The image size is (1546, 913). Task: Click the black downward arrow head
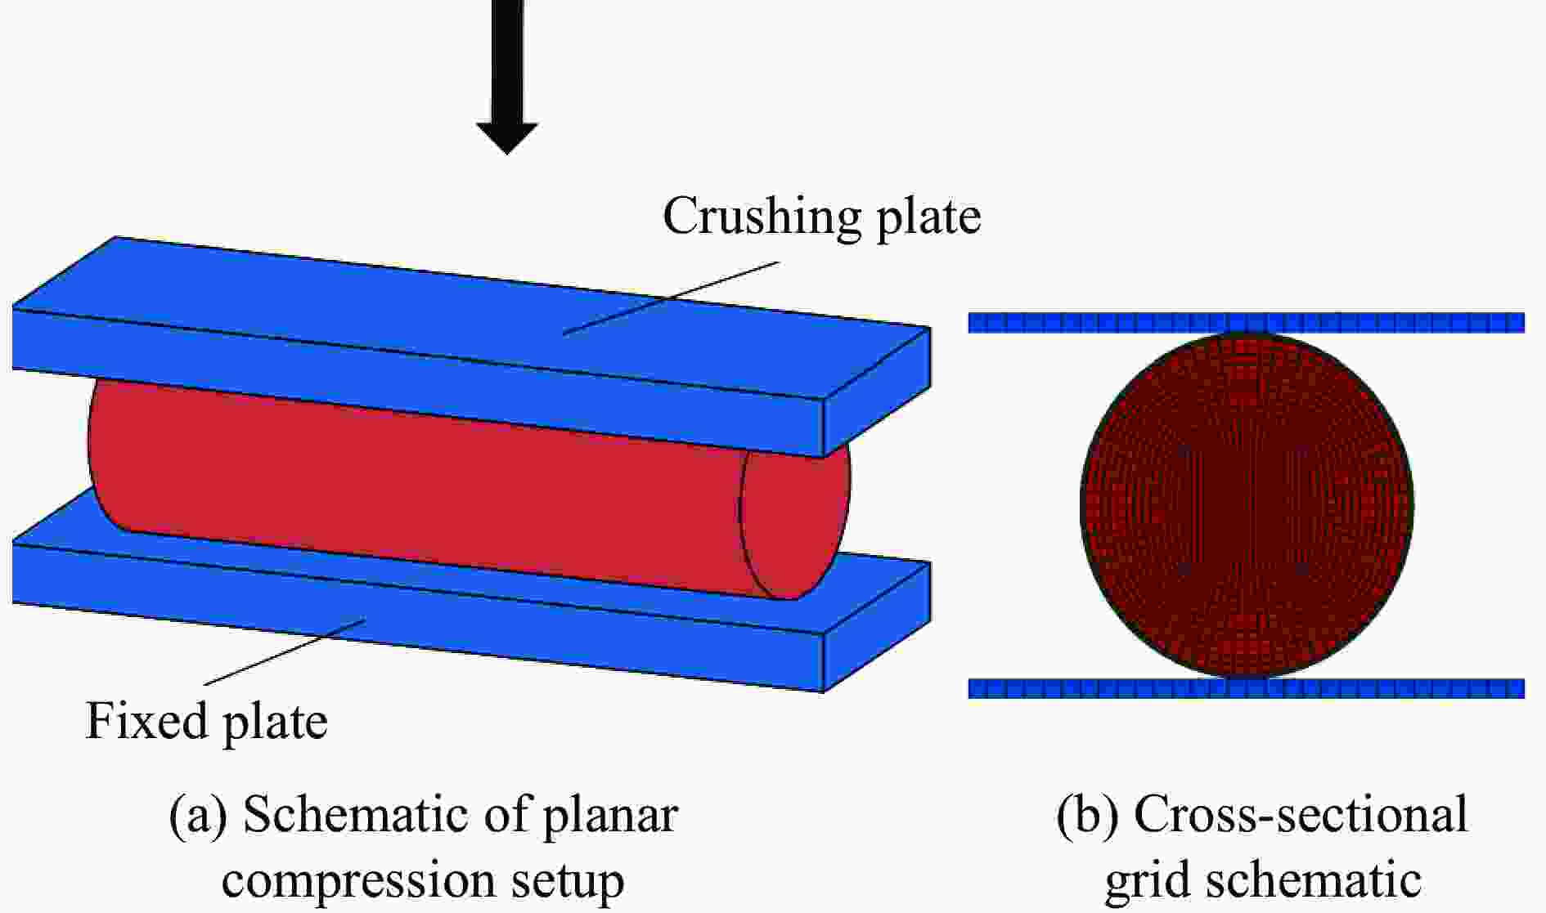tap(507, 137)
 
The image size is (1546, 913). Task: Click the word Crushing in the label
tap(762, 217)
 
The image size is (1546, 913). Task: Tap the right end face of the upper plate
tap(876, 392)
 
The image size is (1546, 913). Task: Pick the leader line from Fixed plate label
tap(284, 652)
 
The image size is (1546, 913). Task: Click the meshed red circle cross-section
tap(1247, 504)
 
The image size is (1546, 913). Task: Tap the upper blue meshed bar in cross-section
tap(1247, 323)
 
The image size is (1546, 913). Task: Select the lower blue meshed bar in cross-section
tap(1247, 688)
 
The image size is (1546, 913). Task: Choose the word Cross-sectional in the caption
tap(1300, 814)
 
